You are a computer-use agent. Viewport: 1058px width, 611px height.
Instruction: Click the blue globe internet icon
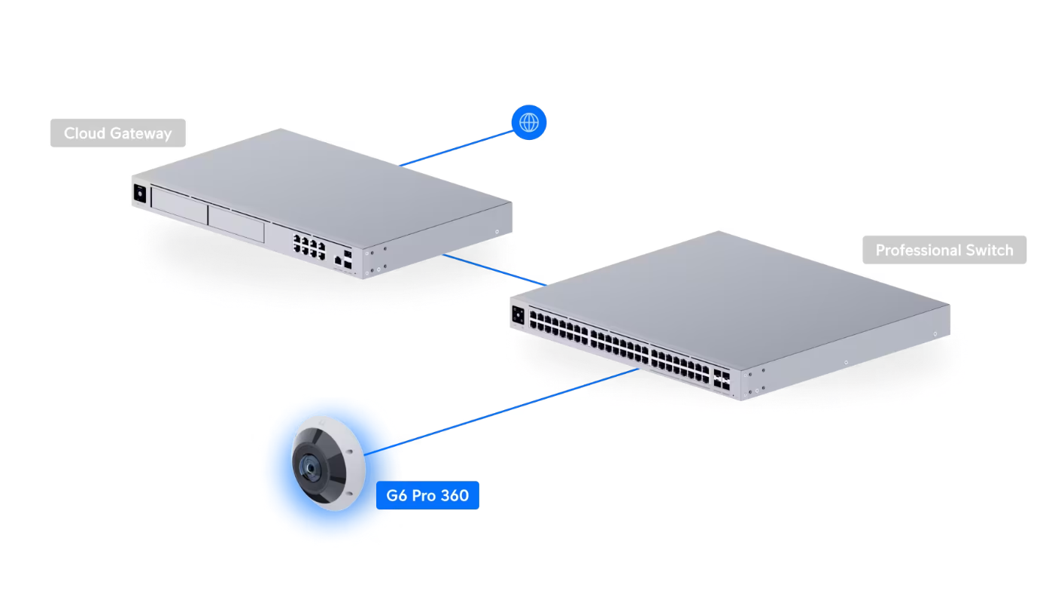coord(528,123)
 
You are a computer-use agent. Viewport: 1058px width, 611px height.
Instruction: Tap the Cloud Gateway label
coord(118,133)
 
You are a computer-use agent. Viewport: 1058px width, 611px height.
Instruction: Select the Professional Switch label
coord(944,250)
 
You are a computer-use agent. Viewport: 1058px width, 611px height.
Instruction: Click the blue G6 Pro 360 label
coord(427,495)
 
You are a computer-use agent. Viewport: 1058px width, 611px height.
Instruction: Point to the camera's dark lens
coord(310,468)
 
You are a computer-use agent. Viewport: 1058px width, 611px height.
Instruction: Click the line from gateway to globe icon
coord(456,149)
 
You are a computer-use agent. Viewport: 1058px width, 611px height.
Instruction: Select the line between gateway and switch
coord(494,270)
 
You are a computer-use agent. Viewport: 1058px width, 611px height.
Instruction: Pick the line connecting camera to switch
coord(501,412)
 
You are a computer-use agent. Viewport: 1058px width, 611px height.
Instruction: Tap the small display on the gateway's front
coord(140,193)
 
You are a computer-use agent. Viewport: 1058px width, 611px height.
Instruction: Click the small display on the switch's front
coord(518,315)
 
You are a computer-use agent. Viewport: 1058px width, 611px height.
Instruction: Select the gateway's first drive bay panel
coord(180,205)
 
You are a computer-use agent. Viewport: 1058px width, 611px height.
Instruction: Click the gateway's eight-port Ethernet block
coord(309,247)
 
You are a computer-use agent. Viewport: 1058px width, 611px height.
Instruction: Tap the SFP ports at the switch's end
coord(722,379)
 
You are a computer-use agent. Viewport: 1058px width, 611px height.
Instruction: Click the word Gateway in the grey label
coord(141,134)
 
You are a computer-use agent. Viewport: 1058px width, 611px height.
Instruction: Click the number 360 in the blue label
coord(455,495)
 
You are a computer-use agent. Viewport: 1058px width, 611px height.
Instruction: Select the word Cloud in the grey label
coord(84,133)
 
